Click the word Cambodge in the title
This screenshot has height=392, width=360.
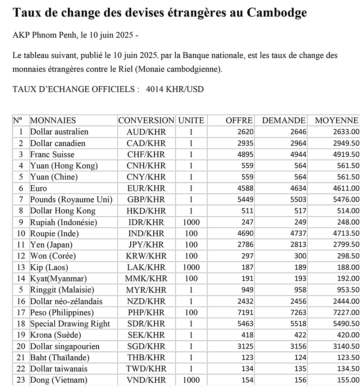point(277,13)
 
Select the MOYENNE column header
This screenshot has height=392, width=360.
point(337,121)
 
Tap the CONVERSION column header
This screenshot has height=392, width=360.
point(146,121)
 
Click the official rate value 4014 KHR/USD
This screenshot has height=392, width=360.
point(175,89)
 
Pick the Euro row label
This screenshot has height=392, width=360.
point(39,188)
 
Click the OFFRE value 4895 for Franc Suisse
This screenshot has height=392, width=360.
point(246,154)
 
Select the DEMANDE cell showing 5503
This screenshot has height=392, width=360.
point(298,199)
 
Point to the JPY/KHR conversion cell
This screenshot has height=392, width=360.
point(146,245)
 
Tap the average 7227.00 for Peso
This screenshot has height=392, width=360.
point(346,312)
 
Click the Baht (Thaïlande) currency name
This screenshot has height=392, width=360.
point(60,357)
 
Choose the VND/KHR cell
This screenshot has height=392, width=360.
point(146,380)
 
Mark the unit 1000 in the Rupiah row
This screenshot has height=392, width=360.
point(191,222)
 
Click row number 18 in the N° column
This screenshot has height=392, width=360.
point(21,324)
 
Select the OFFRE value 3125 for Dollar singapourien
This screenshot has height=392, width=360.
point(246,346)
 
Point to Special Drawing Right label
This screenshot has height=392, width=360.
point(70,324)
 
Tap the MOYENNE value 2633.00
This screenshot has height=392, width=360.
point(346,132)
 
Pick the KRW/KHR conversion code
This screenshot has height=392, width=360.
point(146,256)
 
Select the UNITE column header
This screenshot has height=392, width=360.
point(191,121)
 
